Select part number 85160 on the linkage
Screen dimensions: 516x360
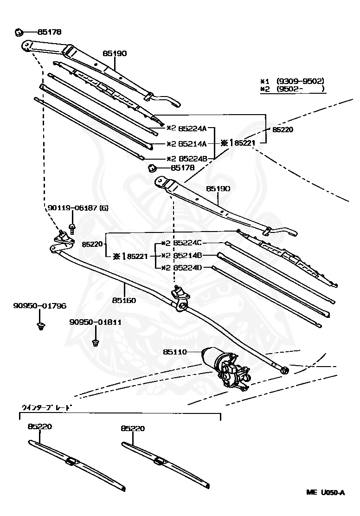pos(123,300)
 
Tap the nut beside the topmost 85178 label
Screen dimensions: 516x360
pos(19,32)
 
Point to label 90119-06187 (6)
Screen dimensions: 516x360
pos(77,208)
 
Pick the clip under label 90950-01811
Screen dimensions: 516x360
pos(96,342)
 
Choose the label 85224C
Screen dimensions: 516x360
pos(187,243)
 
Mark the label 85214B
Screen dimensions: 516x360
pos(187,255)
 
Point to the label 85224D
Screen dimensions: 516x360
pos(187,267)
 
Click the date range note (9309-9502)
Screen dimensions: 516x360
pos(300,81)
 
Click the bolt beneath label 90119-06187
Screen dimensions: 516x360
pos(72,228)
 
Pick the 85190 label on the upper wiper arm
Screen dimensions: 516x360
pos(114,53)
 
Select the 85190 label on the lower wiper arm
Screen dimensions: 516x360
pos(218,189)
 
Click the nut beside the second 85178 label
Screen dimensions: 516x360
pos(151,168)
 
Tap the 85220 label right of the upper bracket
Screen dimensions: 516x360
pos(283,130)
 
